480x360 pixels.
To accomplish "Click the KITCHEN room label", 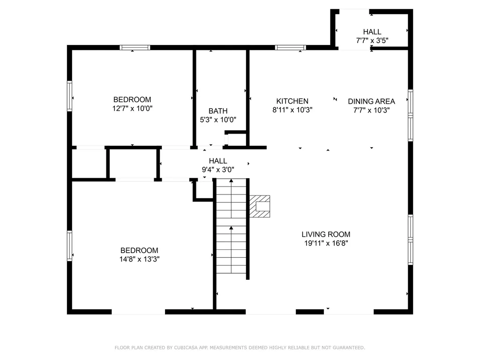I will coord(292,101).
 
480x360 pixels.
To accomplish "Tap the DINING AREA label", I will coord(371,101).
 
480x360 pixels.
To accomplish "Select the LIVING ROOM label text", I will coord(326,234).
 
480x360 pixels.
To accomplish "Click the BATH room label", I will coord(218,111).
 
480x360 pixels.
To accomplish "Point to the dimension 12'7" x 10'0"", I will coord(132,108).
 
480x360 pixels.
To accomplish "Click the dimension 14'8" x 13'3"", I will coord(139,259).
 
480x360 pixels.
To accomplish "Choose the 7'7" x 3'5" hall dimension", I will coord(372,40).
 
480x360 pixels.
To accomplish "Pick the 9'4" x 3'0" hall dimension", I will coord(218,170).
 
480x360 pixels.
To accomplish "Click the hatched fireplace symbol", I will coord(260,206).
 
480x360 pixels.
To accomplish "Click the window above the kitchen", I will coord(290,47).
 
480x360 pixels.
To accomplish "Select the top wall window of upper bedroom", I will coord(135,47).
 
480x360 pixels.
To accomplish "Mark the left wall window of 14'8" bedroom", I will coord(69,246).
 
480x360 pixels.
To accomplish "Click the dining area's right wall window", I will coord(410,116).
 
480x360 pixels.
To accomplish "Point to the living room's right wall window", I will coord(410,240).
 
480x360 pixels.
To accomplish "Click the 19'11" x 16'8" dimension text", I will coord(326,243).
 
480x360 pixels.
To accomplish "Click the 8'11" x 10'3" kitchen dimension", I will coord(292,110).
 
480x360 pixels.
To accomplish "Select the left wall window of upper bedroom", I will coord(69,96).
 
